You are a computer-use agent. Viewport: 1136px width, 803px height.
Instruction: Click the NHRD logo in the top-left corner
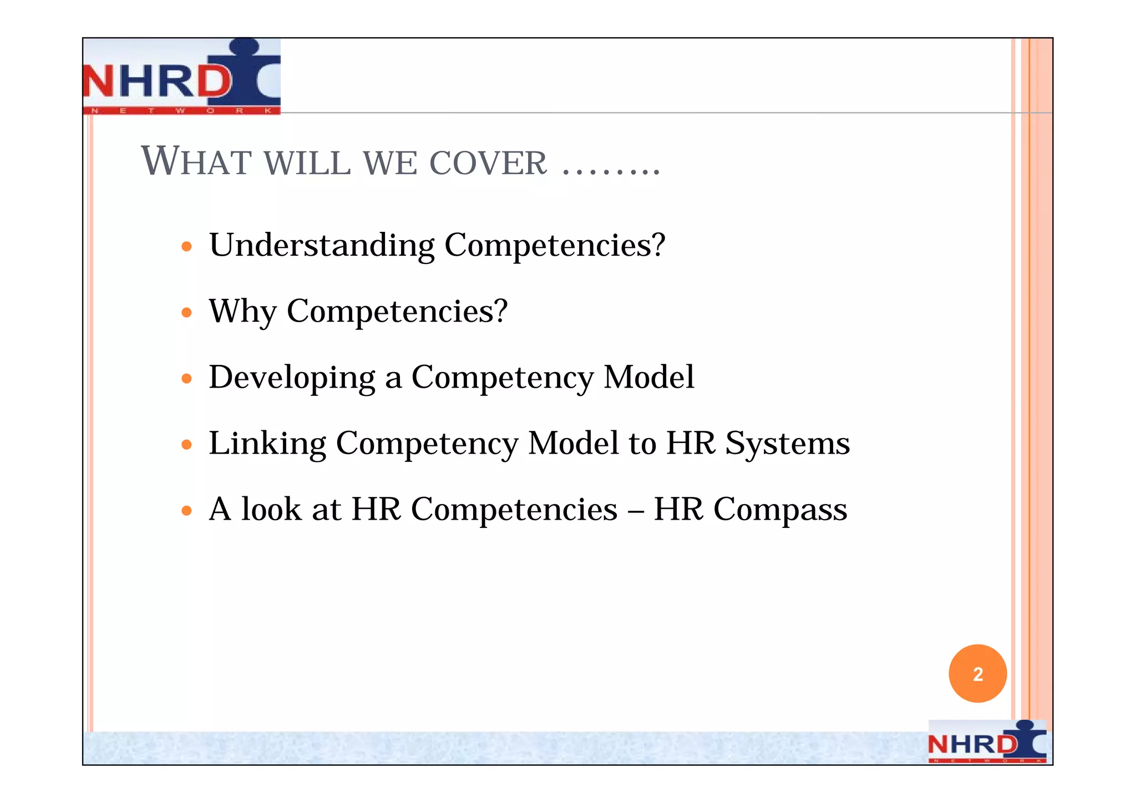181,77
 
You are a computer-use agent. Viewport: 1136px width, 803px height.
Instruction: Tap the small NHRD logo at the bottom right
987,741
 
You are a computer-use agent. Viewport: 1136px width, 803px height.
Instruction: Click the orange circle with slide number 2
977,674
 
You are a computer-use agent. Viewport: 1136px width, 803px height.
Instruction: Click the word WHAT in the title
196,161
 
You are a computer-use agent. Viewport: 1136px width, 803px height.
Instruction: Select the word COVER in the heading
488,163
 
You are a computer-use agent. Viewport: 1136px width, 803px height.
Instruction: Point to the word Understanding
322,246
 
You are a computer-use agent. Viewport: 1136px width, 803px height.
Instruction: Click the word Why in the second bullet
242,311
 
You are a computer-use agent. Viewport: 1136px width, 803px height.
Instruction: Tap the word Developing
292,378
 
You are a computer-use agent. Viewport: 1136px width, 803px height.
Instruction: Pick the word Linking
267,444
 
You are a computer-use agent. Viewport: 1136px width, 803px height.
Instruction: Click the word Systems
787,444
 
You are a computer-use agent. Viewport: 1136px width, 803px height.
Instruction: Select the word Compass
780,510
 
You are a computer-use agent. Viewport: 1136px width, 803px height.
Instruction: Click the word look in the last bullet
271,509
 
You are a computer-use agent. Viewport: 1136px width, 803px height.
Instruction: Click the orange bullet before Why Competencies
187,313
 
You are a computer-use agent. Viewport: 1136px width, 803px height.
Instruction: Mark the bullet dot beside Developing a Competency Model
187,379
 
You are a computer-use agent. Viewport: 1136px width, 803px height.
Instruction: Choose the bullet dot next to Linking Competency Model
187,445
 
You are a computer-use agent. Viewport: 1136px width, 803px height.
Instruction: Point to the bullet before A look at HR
187,510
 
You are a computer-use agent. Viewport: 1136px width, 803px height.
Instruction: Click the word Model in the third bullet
648,377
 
